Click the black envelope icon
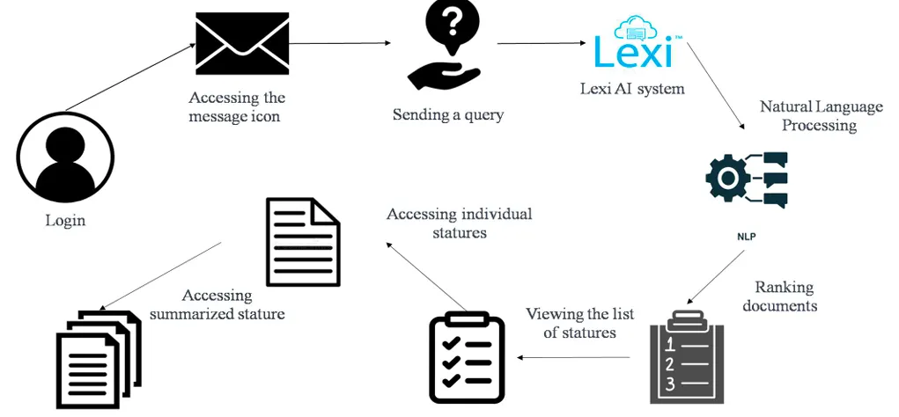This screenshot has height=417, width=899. click(241, 44)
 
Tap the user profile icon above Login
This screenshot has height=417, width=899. click(65, 157)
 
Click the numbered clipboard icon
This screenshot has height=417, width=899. click(687, 357)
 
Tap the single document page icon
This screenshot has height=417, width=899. click(303, 242)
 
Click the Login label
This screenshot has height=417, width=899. click(65, 220)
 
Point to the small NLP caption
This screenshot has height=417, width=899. click(747, 237)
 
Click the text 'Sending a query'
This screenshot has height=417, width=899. click(448, 114)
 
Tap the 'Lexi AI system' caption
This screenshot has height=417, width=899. click(631, 88)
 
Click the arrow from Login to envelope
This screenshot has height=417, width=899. click(130, 77)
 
